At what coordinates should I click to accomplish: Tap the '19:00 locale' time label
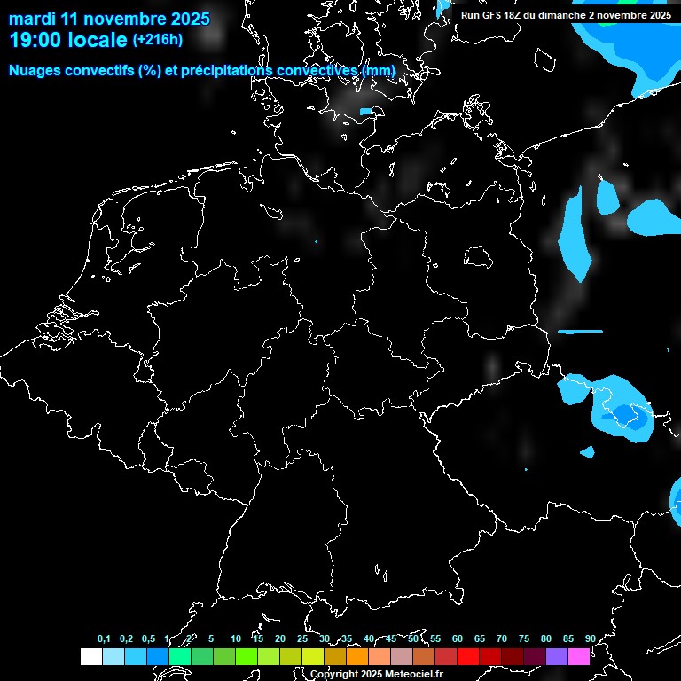coord(68,41)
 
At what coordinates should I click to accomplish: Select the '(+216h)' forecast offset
coord(158,40)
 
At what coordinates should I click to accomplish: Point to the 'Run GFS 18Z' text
coord(492,15)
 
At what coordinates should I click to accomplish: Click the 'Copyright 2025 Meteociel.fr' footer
coord(376,674)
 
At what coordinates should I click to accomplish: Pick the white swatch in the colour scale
coord(90,657)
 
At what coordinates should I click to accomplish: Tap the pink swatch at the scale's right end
coord(578,657)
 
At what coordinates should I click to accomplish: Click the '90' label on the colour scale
coord(590,638)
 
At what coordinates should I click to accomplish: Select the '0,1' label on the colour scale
coord(104,638)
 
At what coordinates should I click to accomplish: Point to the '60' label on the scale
coord(457,638)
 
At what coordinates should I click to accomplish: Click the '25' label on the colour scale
coord(301,638)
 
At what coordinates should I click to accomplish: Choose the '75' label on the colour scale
coord(523,638)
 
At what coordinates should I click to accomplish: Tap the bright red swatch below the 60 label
coord(467,657)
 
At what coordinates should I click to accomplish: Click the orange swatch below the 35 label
coord(356,657)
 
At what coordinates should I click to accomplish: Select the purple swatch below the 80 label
coord(556,657)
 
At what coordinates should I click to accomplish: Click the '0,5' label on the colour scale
coord(148,638)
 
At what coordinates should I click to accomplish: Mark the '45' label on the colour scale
coord(390,638)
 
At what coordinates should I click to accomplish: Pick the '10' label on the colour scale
coord(235,638)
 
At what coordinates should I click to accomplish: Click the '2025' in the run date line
coord(658,15)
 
